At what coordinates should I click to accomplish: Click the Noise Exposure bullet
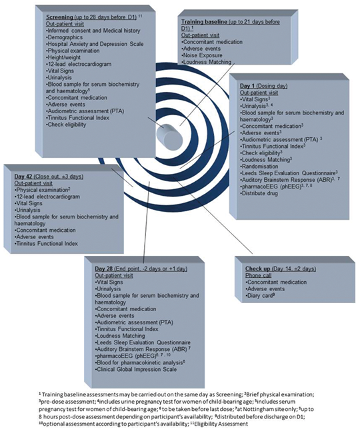202,55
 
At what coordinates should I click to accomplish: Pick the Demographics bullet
65,37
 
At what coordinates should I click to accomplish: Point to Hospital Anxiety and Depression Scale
95,44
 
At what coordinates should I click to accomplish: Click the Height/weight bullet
63,57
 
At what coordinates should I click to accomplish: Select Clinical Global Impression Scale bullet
136,369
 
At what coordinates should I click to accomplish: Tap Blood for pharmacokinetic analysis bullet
140,362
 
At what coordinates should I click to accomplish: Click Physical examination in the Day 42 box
41,190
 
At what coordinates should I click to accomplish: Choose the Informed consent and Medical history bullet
93,31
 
